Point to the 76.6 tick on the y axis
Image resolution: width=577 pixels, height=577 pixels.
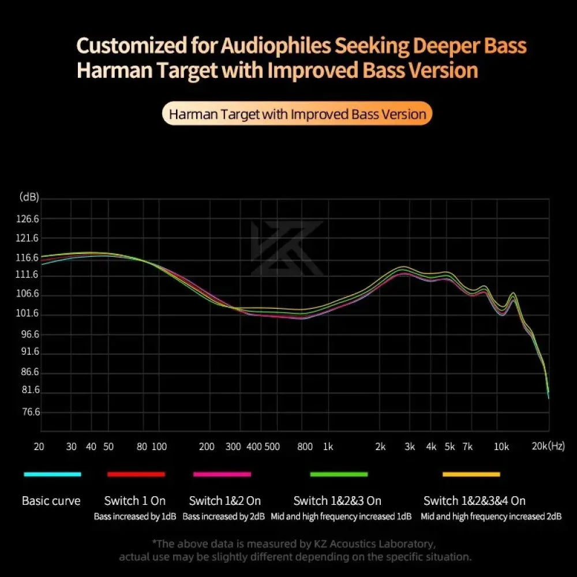(29, 412)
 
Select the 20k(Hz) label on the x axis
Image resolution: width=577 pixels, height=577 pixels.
(548, 446)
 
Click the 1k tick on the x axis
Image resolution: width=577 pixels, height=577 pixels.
(328, 446)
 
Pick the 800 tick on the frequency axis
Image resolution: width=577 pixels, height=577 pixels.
(305, 446)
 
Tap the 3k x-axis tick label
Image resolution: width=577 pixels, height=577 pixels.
(410, 446)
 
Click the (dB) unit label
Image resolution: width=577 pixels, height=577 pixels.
(29, 197)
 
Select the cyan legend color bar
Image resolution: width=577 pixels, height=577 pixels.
(53, 474)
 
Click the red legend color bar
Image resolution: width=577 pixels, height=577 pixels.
(136, 474)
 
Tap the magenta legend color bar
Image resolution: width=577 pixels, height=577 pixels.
(222, 474)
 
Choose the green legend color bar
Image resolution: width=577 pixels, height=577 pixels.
(339, 474)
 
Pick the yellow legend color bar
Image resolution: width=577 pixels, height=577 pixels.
(471, 474)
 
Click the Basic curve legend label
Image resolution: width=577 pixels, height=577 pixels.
(51, 501)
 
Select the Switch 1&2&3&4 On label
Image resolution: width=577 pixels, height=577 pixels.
(474, 501)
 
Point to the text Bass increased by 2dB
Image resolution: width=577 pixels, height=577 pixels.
(224, 516)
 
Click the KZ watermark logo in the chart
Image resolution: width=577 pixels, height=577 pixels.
(287, 248)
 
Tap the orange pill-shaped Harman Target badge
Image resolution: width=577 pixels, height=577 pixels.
(297, 114)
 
